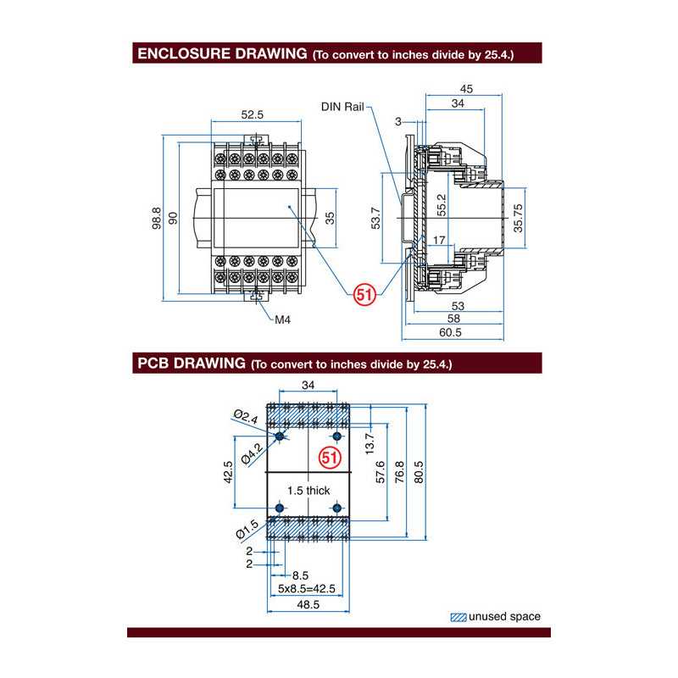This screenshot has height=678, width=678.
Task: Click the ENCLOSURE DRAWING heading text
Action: [221, 53]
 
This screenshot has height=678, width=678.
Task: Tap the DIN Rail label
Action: [342, 107]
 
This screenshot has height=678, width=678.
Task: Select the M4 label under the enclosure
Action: [283, 320]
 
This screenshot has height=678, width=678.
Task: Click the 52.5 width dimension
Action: [253, 114]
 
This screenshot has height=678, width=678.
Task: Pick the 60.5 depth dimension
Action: [451, 333]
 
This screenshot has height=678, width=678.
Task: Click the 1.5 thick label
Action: [308, 490]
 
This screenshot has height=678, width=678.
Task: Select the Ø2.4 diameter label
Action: [245, 417]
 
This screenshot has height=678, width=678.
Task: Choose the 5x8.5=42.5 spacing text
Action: [306, 588]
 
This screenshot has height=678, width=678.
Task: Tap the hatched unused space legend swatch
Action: [458, 617]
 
